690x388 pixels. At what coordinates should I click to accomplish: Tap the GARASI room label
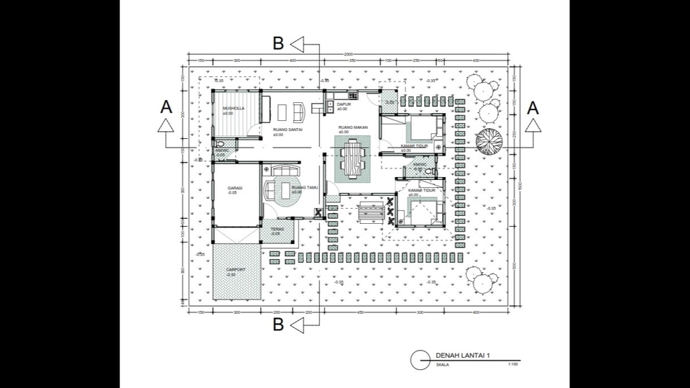tap(234, 188)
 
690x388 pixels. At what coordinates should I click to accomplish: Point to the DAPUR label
tap(343, 104)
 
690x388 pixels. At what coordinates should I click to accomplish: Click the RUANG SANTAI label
tap(287, 130)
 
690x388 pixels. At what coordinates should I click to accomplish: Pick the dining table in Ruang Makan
tap(351, 158)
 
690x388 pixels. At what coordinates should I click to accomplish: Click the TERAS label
tap(277, 230)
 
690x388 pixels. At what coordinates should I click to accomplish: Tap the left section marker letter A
tap(166, 107)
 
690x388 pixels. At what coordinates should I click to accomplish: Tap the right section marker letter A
tap(533, 107)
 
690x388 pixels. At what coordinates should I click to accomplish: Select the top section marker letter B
tap(278, 44)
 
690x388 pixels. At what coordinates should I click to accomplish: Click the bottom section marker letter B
tap(278, 325)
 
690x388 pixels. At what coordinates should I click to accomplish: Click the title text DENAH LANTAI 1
tap(467, 355)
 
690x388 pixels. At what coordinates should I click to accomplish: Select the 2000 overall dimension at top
tap(348, 55)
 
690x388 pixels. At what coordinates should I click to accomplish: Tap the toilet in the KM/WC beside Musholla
tap(220, 145)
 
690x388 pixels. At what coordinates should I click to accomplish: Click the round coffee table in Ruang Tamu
tap(283, 190)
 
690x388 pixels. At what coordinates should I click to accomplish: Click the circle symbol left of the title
tap(420, 360)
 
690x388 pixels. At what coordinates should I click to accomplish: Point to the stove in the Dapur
tap(352, 96)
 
